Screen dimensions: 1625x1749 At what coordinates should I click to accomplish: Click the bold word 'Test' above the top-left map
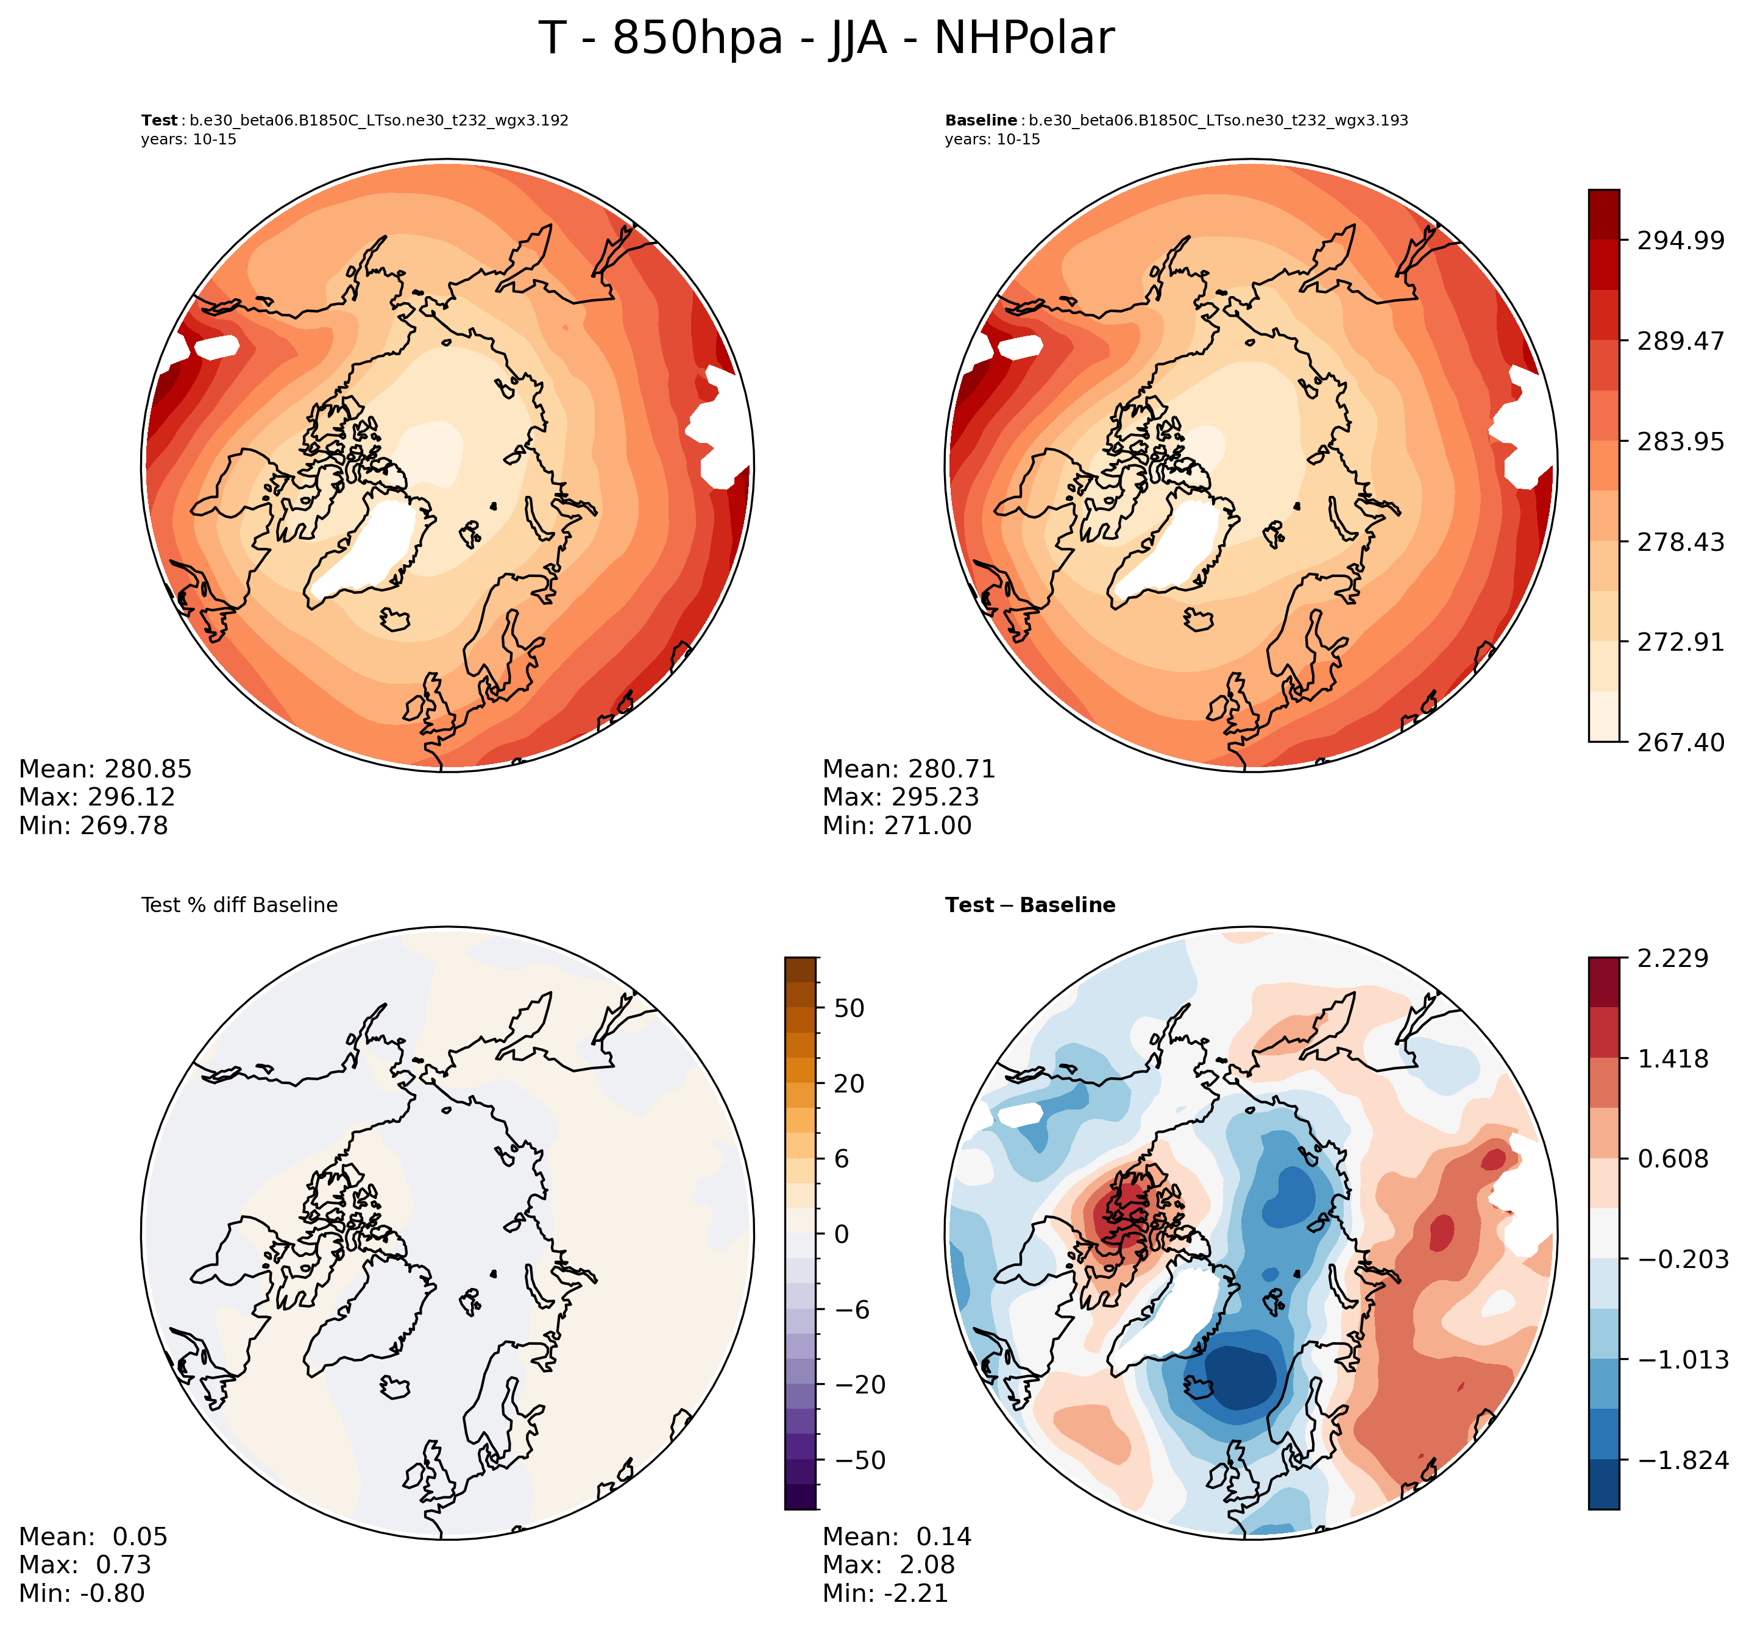coord(159,121)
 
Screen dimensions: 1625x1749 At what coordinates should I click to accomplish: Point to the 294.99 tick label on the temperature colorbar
coord(1680,240)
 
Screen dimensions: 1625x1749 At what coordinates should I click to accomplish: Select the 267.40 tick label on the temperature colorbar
coord(1680,742)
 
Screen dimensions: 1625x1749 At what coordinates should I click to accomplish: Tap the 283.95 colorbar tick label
coord(1680,441)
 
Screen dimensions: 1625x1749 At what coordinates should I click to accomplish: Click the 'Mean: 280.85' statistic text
coord(105,770)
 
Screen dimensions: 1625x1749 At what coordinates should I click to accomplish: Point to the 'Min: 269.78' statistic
coord(93,826)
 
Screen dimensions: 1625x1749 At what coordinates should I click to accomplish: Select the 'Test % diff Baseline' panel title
coord(239,905)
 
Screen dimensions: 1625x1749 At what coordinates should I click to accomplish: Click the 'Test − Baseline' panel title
coord(1030,905)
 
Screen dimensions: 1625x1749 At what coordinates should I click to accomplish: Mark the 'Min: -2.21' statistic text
coord(885,1593)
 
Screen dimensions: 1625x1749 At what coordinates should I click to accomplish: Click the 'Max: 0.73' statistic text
coord(85,1565)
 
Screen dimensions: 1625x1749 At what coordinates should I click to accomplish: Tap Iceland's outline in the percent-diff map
coord(396,1387)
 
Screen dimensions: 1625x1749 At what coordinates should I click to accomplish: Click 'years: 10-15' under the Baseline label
coord(992,140)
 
